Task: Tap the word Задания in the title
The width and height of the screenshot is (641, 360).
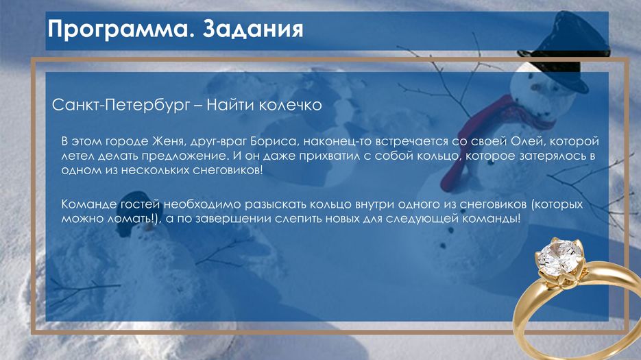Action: pos(253,29)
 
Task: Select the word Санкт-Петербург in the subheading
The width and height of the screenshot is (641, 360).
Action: pos(121,106)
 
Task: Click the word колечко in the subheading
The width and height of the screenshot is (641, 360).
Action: pos(291,105)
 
